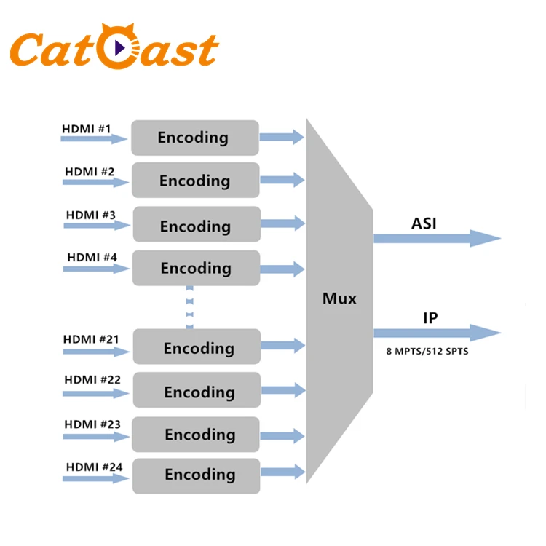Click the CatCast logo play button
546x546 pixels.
click(x=121, y=49)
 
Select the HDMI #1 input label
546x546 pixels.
click(x=87, y=130)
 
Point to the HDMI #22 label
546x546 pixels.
click(x=92, y=379)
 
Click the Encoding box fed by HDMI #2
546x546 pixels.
click(x=195, y=181)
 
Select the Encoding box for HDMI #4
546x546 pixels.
click(x=196, y=268)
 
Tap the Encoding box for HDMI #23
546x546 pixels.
click(x=197, y=435)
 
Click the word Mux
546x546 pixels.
click(x=340, y=298)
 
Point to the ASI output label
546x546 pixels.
click(x=424, y=223)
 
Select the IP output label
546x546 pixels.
click(x=430, y=317)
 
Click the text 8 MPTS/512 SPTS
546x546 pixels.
click(x=427, y=351)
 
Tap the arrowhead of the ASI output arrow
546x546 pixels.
click(x=486, y=238)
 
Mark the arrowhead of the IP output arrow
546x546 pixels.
click(x=486, y=333)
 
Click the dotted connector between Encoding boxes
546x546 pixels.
click(x=189, y=306)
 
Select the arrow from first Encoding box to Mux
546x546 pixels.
click(x=282, y=136)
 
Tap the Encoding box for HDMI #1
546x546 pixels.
click(x=194, y=138)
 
